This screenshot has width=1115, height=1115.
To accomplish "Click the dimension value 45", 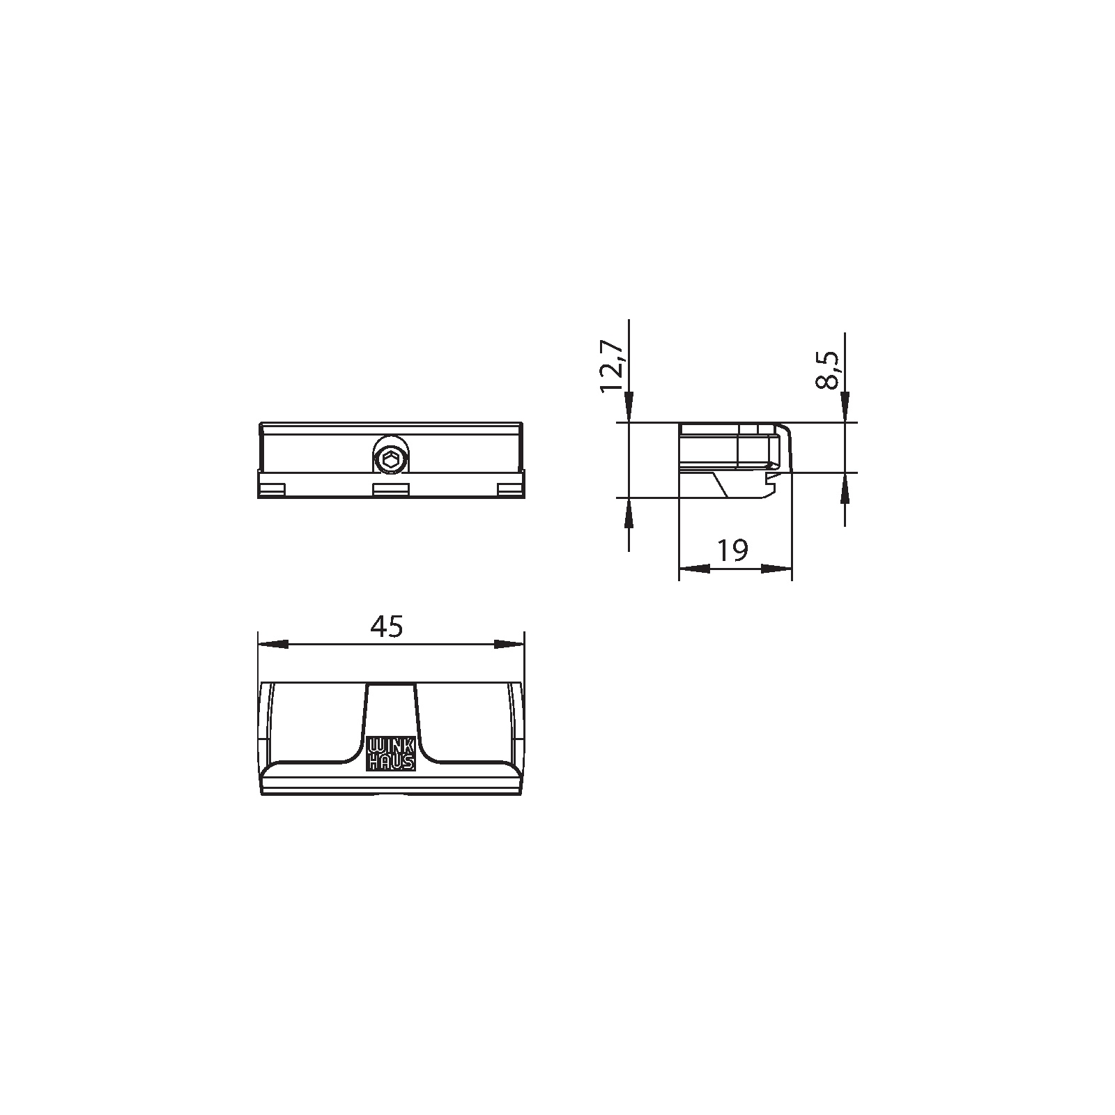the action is click(x=387, y=627).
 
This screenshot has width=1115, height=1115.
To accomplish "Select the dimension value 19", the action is click(x=732, y=551).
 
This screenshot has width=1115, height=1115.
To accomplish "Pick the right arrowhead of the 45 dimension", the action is click(x=509, y=645).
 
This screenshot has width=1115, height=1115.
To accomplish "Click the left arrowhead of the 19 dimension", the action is click(x=694, y=569).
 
